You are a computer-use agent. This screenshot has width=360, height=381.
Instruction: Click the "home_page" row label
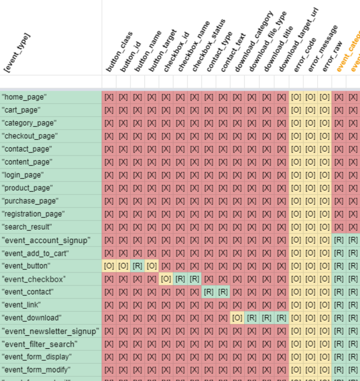(24, 97)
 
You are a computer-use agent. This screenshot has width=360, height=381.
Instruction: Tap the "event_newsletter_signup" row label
(50, 331)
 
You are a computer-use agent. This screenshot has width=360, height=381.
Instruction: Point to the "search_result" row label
(27, 227)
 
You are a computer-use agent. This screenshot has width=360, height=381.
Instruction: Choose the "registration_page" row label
(33, 214)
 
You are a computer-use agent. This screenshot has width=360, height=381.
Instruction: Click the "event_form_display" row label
(37, 357)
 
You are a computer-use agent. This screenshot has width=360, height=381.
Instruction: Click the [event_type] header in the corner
(18, 53)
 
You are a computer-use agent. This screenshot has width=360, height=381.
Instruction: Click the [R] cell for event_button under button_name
(137, 266)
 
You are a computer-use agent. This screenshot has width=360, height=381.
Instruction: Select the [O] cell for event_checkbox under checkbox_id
(166, 279)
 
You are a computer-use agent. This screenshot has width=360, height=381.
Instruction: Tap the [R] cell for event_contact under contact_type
(209, 292)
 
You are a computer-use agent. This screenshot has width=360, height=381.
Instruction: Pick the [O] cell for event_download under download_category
(238, 318)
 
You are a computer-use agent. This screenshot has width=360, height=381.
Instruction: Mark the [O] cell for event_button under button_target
(152, 266)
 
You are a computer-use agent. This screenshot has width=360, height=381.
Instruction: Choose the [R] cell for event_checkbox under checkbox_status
(194, 279)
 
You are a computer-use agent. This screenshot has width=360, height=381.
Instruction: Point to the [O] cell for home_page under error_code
(296, 97)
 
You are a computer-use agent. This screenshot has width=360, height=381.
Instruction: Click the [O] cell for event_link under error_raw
(324, 305)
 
